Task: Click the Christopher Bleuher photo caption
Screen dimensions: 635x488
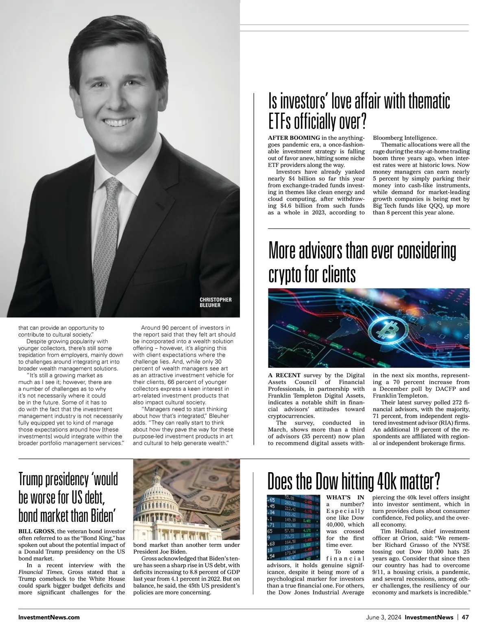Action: point(216,302)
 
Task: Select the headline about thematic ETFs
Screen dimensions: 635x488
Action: point(359,110)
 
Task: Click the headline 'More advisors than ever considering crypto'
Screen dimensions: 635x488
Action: point(362,263)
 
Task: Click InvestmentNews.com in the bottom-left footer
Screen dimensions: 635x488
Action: point(49,617)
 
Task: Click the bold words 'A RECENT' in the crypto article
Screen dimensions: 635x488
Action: point(284,375)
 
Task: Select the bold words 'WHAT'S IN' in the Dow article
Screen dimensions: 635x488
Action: point(345,497)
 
